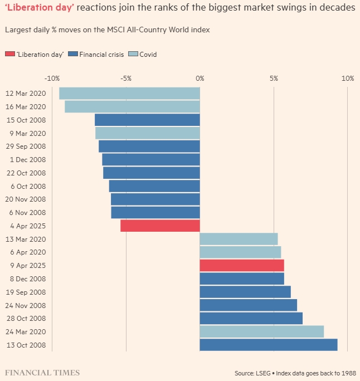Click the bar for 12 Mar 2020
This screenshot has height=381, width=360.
click(129, 94)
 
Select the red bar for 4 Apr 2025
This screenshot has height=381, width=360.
click(160, 226)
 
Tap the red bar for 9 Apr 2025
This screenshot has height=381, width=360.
click(242, 265)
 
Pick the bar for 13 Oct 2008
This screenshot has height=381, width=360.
click(268, 345)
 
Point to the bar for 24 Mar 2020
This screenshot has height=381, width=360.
click(261, 331)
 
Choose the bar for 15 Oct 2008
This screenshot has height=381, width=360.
click(147, 120)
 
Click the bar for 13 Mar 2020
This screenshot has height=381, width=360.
click(239, 239)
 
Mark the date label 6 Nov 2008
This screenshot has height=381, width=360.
click(26, 213)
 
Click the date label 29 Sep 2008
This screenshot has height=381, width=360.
click(25, 146)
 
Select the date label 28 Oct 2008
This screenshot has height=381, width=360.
click(25, 319)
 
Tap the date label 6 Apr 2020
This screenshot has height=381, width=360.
click(26, 252)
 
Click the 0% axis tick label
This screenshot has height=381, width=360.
click(200, 78)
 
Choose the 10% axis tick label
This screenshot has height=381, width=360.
click(347, 78)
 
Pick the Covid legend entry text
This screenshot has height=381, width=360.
click(148, 54)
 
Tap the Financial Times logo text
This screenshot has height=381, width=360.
click(42, 372)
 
